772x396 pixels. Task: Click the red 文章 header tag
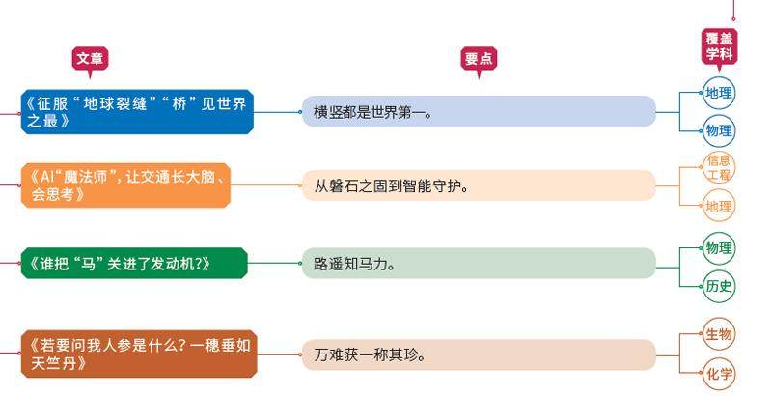pos(90,58)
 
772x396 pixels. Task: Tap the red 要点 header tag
pos(479,59)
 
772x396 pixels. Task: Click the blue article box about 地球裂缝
pos(136,111)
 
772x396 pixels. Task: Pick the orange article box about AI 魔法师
pos(126,185)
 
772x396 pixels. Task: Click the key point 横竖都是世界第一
pos(478,111)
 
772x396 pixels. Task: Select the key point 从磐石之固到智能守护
pos(478,185)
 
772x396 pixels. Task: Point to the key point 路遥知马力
pos(478,263)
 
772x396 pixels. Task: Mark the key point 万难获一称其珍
pos(478,354)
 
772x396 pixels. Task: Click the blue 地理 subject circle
pos(719,94)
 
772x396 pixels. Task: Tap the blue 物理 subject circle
pos(719,130)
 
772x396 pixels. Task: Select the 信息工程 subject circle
pos(719,168)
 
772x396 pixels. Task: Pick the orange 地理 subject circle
pos(719,206)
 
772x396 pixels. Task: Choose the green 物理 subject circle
pos(719,247)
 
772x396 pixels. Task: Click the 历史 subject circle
pos(719,285)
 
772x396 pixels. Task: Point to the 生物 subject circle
pos(719,334)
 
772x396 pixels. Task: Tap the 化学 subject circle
pos(719,374)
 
